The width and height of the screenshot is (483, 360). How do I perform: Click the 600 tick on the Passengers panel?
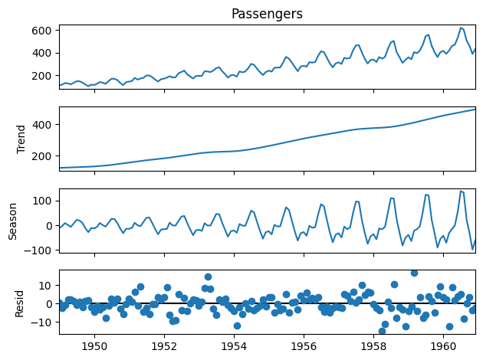(42, 31)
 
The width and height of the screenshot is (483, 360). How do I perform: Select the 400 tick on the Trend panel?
(42, 124)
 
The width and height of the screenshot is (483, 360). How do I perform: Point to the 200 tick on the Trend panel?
(42, 155)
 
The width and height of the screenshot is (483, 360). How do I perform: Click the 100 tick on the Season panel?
(42, 201)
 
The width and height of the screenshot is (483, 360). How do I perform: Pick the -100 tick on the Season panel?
(38, 250)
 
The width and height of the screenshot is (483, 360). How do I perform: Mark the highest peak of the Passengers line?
(461, 28)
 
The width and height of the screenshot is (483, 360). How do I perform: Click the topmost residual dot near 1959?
(414, 272)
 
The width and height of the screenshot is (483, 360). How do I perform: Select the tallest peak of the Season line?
(461, 191)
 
